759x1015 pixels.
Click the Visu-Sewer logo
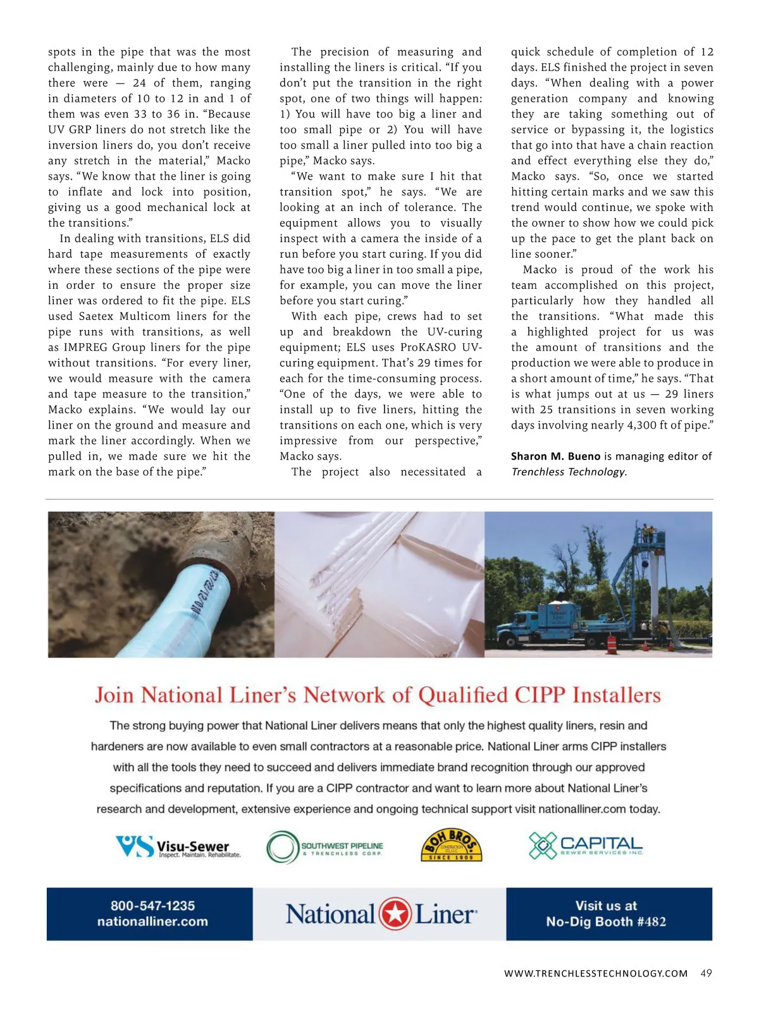pos(178,846)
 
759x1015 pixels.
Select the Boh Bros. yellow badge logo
pos(452,845)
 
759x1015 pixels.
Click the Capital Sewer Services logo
pos(585,846)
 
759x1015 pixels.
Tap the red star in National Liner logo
pos(395,914)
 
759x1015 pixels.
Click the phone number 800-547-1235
pos(152,906)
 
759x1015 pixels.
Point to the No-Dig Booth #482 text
pos(606,921)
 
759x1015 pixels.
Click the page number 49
pos(706,973)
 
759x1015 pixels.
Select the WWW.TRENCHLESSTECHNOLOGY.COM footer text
pos(596,974)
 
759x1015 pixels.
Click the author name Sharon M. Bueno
pos(555,456)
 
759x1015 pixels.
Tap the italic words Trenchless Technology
pos(568,472)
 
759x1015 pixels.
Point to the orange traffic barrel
pos(612,645)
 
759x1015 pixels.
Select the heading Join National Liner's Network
pos(378,695)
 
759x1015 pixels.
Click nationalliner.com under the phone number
pos(152,921)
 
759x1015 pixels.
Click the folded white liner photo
pos(379,585)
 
